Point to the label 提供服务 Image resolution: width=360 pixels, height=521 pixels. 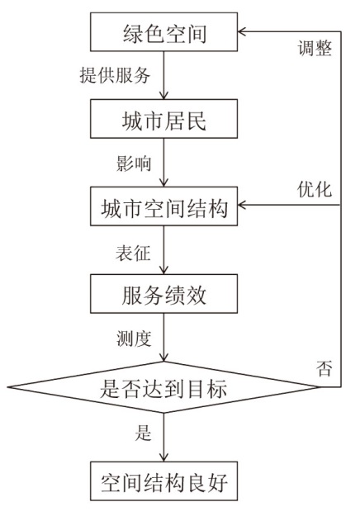[x=115, y=75]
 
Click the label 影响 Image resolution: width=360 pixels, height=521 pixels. [x=134, y=163]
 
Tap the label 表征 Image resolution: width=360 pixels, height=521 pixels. [x=133, y=253]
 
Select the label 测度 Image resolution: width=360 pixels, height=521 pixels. [x=134, y=339]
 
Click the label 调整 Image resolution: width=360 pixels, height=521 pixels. [x=315, y=49]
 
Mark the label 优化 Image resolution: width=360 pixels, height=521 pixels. [x=315, y=190]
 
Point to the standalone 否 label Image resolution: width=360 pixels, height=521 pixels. [x=324, y=368]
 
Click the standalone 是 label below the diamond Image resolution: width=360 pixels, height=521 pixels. [x=144, y=433]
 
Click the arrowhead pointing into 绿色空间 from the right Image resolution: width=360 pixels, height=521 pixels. [x=242, y=31]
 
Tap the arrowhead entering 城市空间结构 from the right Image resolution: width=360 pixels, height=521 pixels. [x=242, y=205]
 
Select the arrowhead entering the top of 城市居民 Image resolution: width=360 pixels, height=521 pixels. [x=163, y=95]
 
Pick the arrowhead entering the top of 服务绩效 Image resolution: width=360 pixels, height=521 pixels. [x=163, y=270]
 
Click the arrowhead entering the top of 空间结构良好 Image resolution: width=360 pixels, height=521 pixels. [x=163, y=457]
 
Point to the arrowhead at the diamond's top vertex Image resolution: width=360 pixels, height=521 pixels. [x=163, y=358]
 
